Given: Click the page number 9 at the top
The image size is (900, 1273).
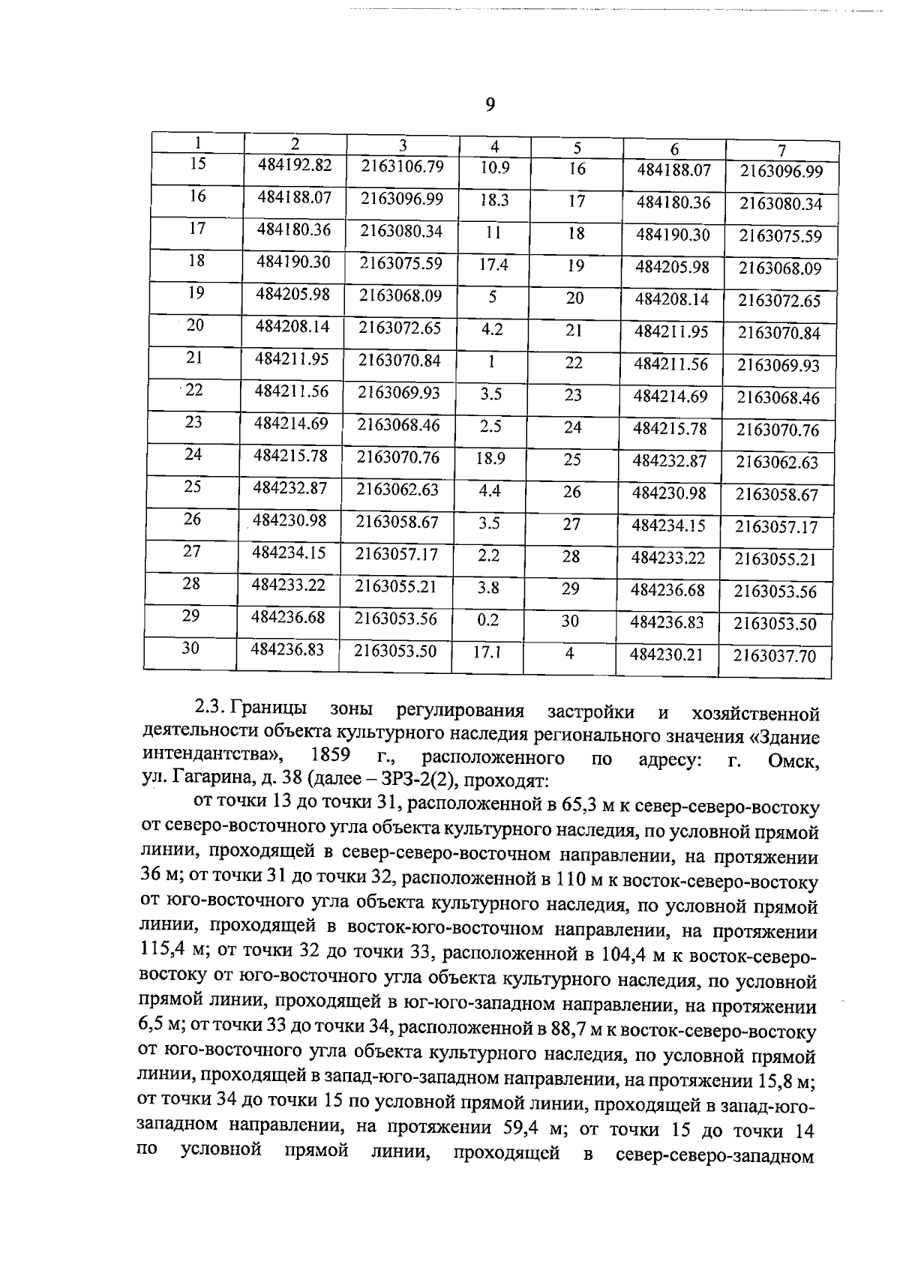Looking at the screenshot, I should [490, 105].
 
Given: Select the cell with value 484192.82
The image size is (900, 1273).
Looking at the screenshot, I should [294, 165].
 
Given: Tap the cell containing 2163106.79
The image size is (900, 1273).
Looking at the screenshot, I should [402, 166].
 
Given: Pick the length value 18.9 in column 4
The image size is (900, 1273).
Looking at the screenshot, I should [490, 458].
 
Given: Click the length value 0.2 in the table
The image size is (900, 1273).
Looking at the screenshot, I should [488, 620].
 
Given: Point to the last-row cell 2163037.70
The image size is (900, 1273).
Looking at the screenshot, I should [774, 657].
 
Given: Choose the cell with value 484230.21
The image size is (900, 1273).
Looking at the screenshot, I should [667, 654].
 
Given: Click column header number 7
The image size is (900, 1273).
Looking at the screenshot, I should [781, 149].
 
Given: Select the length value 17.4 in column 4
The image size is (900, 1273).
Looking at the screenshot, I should [493, 264].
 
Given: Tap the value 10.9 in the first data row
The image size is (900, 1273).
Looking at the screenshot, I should [495, 168].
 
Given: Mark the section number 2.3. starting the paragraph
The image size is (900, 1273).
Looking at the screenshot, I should [210, 708].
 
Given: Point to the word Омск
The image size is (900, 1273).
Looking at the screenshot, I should [794, 762].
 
